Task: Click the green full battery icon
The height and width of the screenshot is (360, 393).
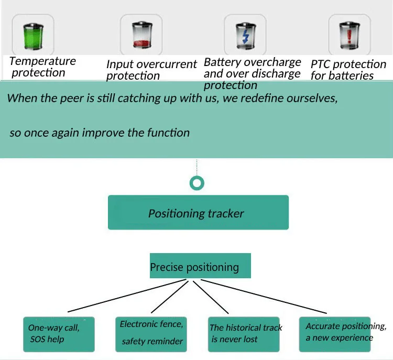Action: [33, 36]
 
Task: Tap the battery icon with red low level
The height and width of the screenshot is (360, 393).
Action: [142, 35]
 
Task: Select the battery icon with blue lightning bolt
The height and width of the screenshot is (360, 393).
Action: [246, 36]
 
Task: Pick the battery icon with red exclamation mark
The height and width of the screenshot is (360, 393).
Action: [350, 35]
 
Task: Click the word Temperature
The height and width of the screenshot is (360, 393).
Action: [42, 61]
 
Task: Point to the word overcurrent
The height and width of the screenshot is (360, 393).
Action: [167, 64]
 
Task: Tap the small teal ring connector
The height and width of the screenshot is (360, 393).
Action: [197, 183]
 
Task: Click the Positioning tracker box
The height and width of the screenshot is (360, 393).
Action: [198, 212]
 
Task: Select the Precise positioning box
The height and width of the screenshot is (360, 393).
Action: [200, 266]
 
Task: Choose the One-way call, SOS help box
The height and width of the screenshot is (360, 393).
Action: [59, 334]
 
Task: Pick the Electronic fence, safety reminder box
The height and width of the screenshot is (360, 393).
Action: [151, 334]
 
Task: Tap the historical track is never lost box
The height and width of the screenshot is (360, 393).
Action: [244, 334]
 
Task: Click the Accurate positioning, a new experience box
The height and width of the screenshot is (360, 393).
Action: [335, 334]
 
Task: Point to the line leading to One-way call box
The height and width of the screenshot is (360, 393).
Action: [127, 296]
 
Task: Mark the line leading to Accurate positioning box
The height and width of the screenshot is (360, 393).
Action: [264, 297]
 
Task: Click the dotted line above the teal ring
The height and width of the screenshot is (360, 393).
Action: [196, 167]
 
